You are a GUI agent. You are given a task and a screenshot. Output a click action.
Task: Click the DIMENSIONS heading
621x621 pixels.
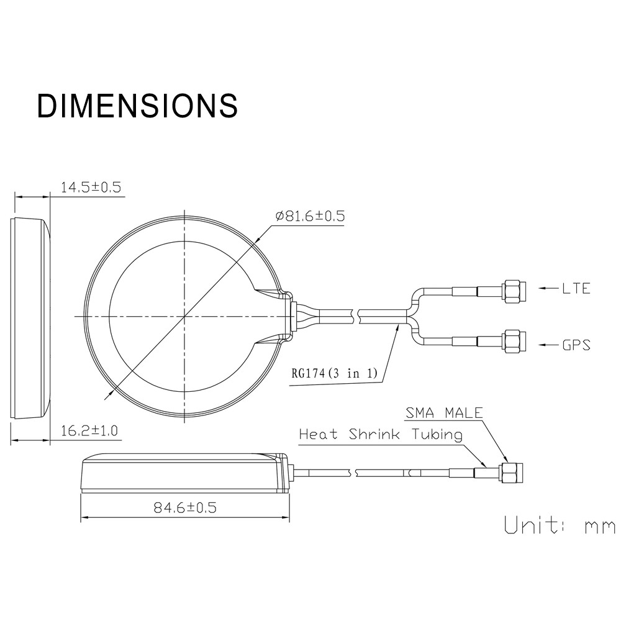point(137,106)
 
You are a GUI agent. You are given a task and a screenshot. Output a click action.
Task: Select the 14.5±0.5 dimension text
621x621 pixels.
point(91,187)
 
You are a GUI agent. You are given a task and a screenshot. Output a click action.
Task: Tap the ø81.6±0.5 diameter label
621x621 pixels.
point(310,216)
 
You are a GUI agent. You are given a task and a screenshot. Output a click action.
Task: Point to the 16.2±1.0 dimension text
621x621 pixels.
point(89,430)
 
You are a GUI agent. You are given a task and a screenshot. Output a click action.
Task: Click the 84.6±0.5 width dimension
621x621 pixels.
point(185,507)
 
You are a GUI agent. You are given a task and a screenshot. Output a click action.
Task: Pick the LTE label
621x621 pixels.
point(576,288)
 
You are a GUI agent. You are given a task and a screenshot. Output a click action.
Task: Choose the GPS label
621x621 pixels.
point(576,345)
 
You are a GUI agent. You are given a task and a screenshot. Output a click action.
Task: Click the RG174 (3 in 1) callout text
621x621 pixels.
point(335,373)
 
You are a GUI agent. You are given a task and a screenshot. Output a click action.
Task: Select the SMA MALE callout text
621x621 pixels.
point(444,413)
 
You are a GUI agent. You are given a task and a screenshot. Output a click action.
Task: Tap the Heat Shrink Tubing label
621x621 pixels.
point(381,435)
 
